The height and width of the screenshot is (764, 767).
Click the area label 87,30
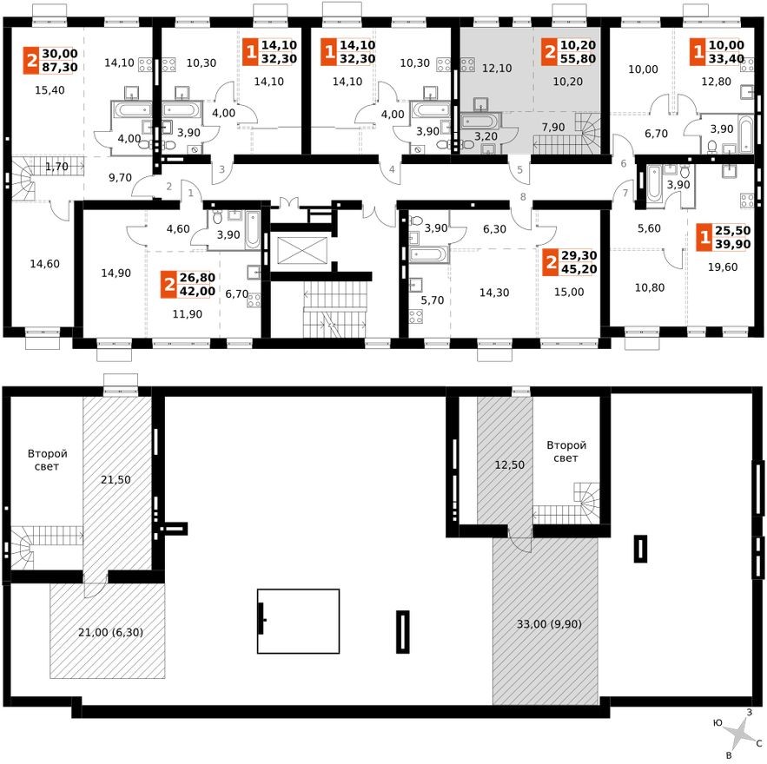[x=60, y=68]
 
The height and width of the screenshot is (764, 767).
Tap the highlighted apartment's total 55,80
[x=578, y=59]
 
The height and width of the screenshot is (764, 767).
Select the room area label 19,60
[x=723, y=267]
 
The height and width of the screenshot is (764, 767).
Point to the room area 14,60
[x=44, y=264]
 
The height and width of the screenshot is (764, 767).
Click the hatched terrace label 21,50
[x=116, y=479]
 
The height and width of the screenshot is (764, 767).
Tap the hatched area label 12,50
[x=509, y=464]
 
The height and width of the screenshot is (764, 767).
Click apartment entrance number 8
[x=523, y=197]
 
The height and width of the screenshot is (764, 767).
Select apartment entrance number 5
[x=519, y=169]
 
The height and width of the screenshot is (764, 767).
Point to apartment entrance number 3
[x=222, y=169]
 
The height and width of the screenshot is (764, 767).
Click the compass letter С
[x=759, y=744]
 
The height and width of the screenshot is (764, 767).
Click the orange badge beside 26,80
[x=169, y=285]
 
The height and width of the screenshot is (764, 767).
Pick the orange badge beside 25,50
[x=704, y=238]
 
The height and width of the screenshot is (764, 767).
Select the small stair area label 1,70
[x=56, y=167]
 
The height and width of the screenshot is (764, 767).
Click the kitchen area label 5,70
[x=433, y=300]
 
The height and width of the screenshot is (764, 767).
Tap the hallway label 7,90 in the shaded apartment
[x=553, y=127]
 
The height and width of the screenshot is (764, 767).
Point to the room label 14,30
[x=494, y=293]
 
